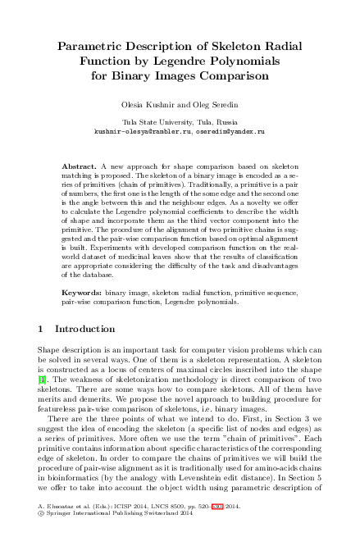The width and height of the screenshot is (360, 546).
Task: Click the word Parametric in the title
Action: [x=89, y=48]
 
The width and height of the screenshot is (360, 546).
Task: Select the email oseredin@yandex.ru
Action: [x=230, y=130]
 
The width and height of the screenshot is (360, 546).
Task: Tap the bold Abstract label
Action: [x=80, y=166]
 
